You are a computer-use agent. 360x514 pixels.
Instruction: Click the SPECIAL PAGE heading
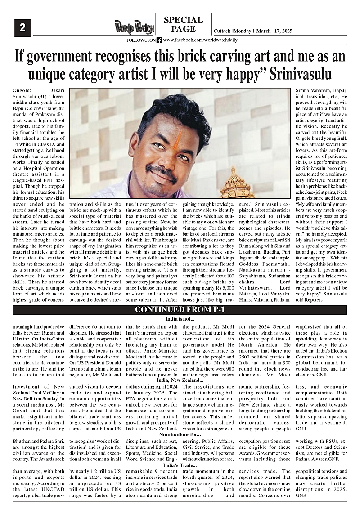point(183,25)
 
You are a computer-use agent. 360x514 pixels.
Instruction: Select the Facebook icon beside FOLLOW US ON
point(159,40)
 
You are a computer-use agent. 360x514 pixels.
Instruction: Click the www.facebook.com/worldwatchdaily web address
point(200,40)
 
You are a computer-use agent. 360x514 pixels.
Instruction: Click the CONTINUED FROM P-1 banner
point(180,310)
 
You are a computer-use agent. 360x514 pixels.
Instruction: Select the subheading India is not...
point(180,319)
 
